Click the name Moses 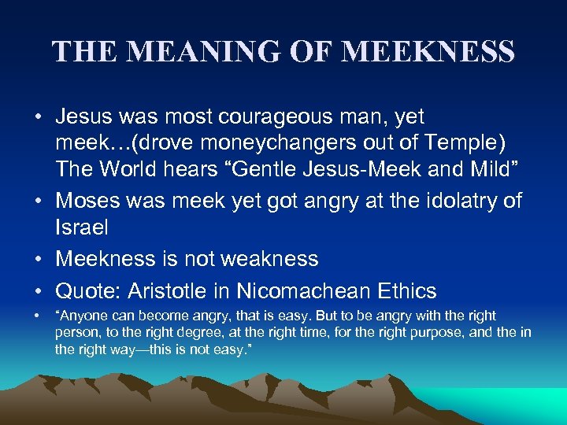(87, 201)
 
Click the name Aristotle (176, 291)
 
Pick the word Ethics (405, 291)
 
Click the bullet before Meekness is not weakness (38, 259)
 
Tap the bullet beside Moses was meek (38, 201)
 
